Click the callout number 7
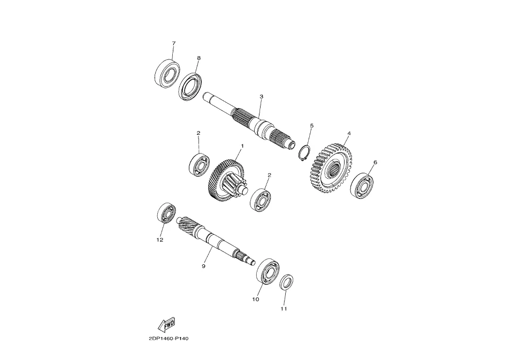pos(174,43)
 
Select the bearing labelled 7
pos(167,74)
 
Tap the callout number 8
pos(198,58)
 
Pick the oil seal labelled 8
pos(190,87)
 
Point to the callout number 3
pos(262,96)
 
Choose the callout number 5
pos(311,126)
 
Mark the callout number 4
pos(349,133)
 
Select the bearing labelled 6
pos(362,185)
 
